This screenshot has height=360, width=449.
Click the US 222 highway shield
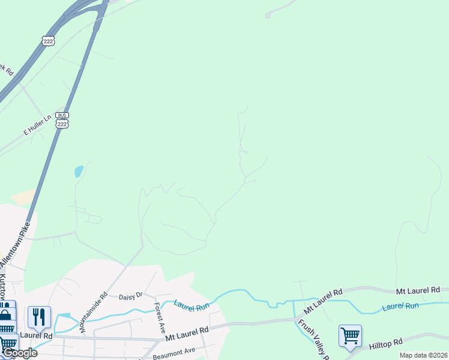[x=49, y=40]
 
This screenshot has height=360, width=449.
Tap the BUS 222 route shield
[x=61, y=119]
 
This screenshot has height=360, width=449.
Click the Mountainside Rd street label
[x=94, y=312]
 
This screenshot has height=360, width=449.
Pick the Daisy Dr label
[x=130, y=296]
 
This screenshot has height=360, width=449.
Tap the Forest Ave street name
[x=160, y=317]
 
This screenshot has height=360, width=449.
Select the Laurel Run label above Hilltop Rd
[x=400, y=307]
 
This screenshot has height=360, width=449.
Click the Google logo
[x=19, y=353]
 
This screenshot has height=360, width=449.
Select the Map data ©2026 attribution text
[x=424, y=355]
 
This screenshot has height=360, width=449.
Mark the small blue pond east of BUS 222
[x=79, y=172]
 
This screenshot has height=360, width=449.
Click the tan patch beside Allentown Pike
[x=23, y=196]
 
